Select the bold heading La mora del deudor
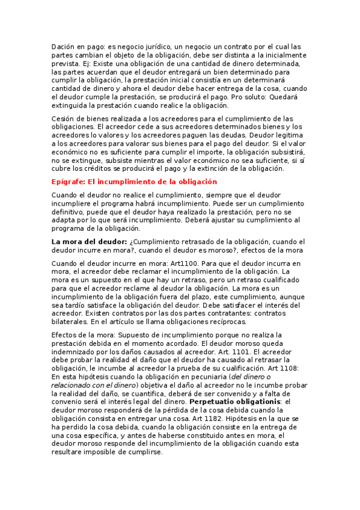[88, 242]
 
